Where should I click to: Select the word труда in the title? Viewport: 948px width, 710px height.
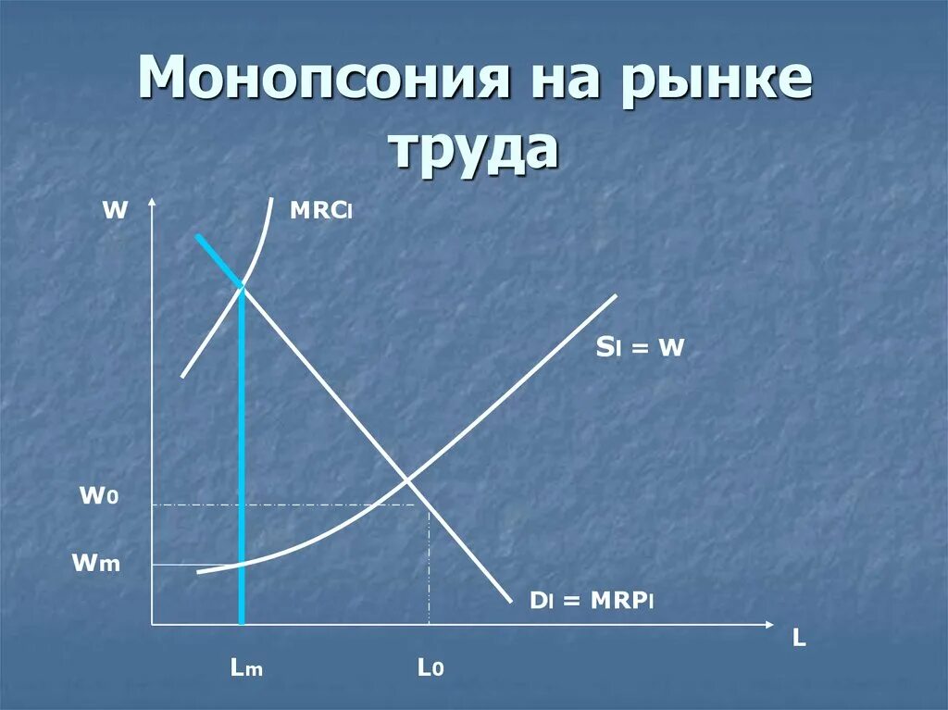tap(475, 149)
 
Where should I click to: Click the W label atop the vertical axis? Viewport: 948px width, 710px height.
tap(114, 210)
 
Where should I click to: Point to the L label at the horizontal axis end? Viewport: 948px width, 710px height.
tap(799, 639)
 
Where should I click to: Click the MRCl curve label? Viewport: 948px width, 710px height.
tap(321, 211)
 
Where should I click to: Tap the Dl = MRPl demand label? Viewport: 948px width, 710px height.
tap(592, 602)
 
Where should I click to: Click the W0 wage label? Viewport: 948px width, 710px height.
tap(98, 496)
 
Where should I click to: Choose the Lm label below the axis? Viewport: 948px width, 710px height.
tap(247, 667)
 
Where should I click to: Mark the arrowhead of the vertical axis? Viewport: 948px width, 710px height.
tap(152, 203)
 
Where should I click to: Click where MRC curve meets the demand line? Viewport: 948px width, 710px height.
tap(243, 284)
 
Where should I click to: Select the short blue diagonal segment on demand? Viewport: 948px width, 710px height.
tap(218, 259)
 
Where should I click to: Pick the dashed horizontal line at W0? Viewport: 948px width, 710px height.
tap(278, 504)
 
